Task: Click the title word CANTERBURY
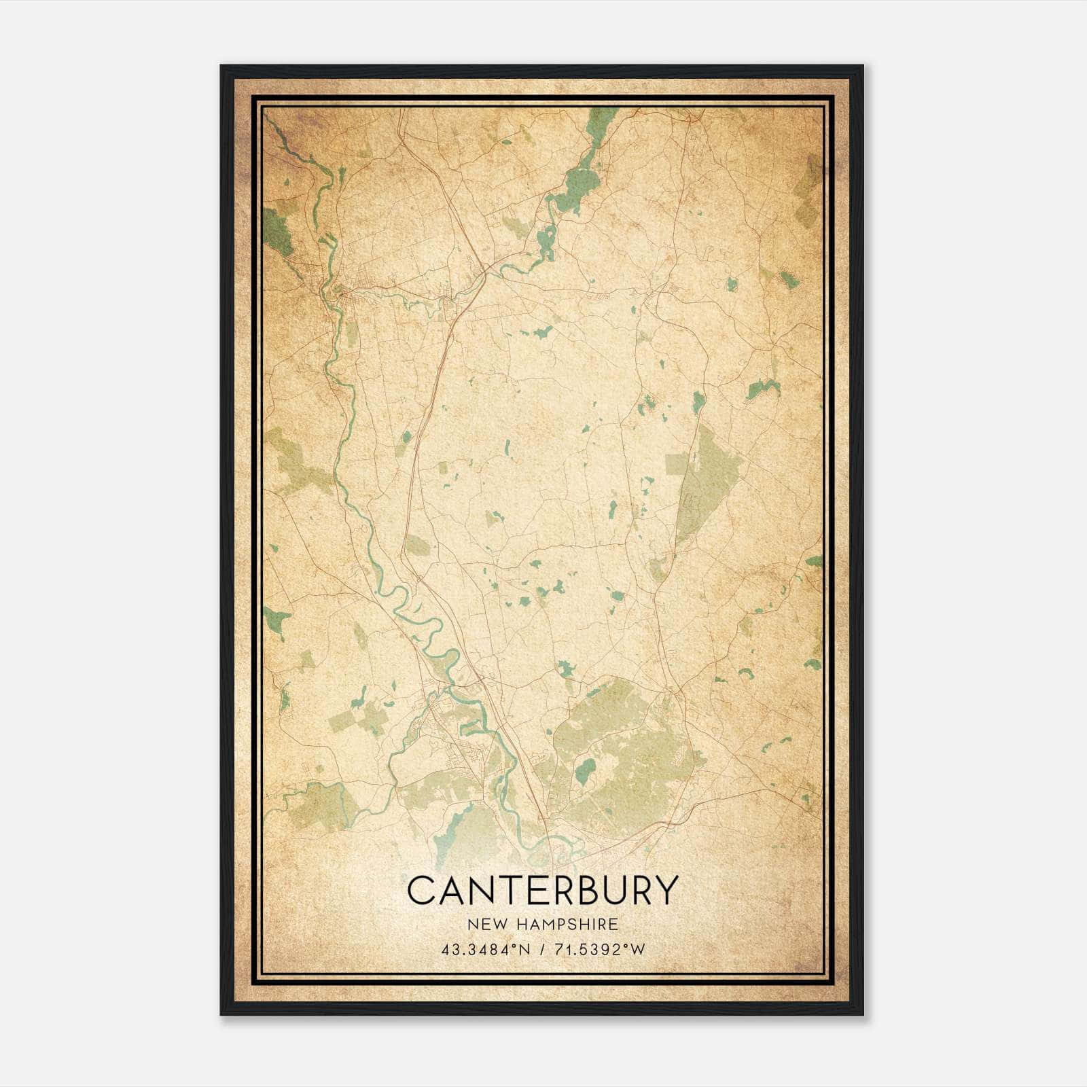[x=543, y=890]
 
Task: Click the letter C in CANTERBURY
[x=421, y=890]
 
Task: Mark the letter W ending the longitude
[x=638, y=950]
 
